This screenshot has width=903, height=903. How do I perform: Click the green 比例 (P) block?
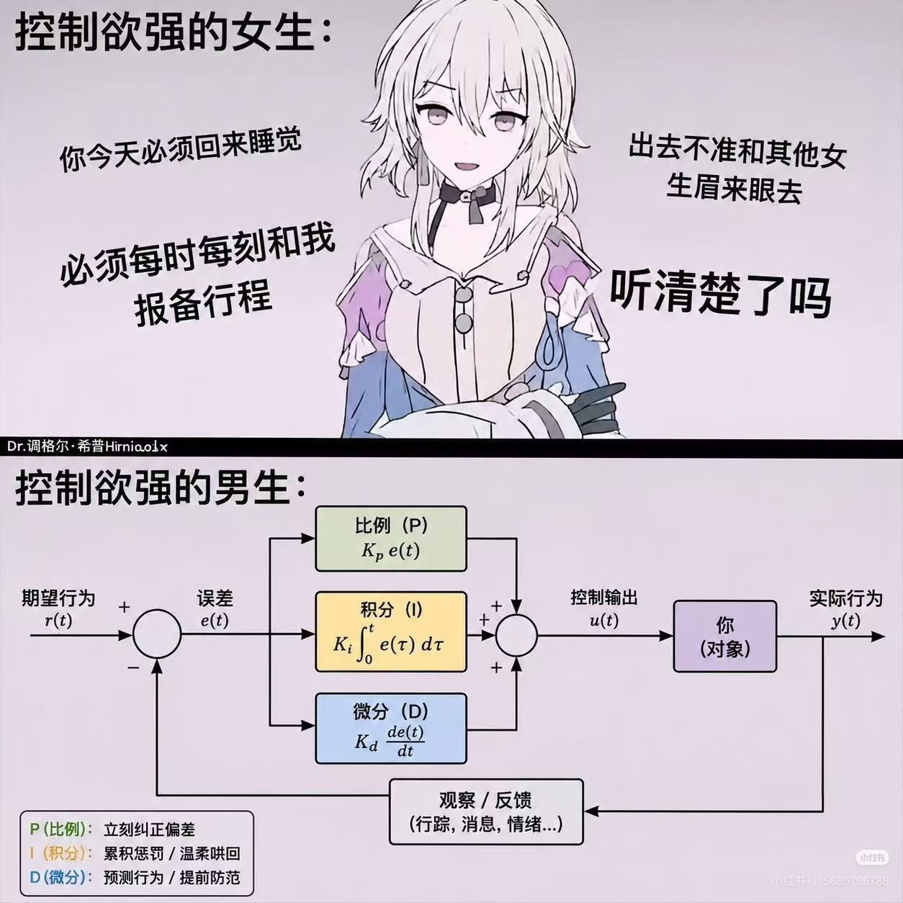point(391,539)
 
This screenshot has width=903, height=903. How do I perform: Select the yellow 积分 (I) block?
point(391,632)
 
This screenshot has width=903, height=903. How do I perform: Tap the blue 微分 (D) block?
point(391,729)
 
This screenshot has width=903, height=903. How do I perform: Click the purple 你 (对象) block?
point(725,637)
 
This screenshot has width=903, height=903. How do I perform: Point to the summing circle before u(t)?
point(516,635)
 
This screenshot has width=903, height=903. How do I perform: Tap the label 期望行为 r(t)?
point(58,608)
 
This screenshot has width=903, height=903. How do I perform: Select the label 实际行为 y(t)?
point(846,608)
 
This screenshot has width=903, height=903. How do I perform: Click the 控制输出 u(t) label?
point(604,608)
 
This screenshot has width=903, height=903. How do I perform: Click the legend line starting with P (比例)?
point(112,829)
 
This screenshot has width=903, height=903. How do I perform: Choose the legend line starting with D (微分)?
point(135,877)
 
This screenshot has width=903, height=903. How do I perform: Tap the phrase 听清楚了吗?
point(720,295)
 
